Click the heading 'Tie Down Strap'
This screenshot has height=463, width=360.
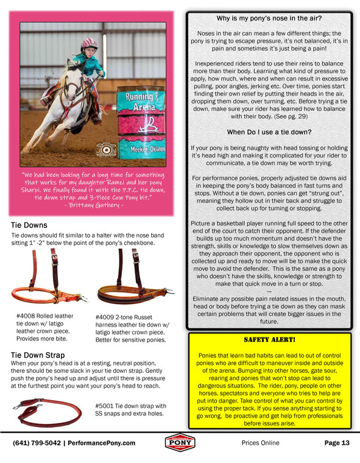(38, 355)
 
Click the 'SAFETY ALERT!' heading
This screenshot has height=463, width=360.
(270, 339)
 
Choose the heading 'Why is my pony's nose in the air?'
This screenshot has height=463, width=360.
(270, 19)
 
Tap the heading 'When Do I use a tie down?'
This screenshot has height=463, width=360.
(270, 132)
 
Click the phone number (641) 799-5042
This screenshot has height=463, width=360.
(38, 444)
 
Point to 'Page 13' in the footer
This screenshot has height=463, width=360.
(337, 444)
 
